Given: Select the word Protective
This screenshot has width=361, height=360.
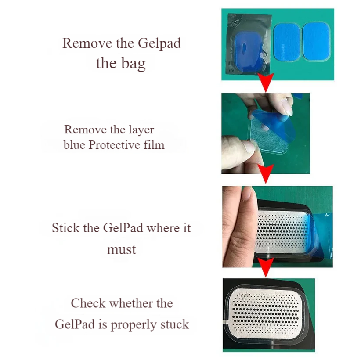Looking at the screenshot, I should tap(116, 145).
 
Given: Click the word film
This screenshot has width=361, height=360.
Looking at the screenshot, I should tap(155, 145).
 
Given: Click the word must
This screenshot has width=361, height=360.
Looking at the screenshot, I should tap(121, 250).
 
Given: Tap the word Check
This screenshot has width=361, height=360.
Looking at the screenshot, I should tap(88, 303).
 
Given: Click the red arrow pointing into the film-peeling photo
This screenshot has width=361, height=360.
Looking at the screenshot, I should tap(265, 83).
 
